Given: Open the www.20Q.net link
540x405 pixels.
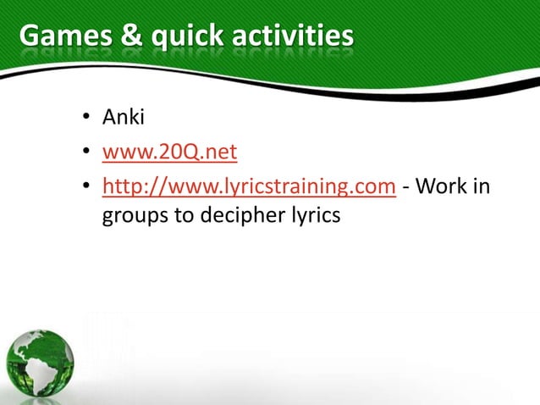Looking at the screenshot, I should click(x=169, y=153).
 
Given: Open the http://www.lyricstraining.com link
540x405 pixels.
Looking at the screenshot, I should click(x=249, y=186).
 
